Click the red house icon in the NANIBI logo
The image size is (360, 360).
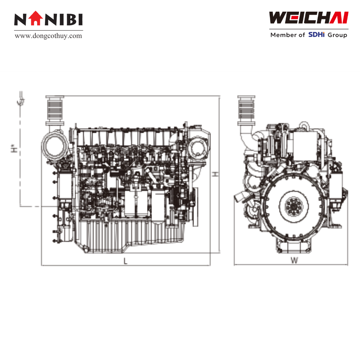(36, 18)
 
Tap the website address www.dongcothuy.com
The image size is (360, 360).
(48, 36)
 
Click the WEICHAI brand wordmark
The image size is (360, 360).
(309, 18)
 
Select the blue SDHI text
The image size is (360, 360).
(316, 35)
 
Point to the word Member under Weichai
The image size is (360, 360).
(284, 35)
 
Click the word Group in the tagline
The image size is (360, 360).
(337, 35)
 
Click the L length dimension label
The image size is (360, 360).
(125, 261)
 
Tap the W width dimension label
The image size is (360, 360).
(294, 260)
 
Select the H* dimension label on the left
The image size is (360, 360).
(14, 148)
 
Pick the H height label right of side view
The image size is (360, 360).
(215, 174)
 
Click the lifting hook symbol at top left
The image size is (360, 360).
(21, 99)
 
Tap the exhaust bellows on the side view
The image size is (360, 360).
(55, 111)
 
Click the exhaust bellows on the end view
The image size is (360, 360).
(246, 110)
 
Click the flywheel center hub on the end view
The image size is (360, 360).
(294, 206)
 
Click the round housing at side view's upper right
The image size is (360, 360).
(198, 147)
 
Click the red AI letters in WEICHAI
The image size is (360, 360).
(339, 18)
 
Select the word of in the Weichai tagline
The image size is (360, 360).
(302, 35)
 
